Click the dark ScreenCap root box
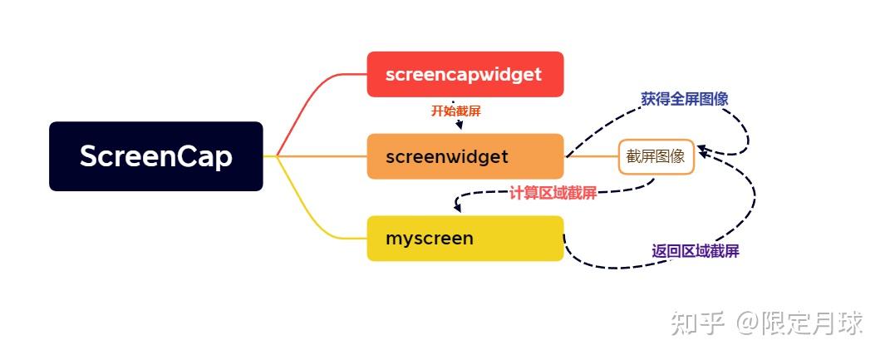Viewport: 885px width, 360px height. (155, 156)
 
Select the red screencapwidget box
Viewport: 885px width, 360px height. (465, 74)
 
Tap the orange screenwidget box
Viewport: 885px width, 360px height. (465, 156)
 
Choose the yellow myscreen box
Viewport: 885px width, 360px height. (465, 239)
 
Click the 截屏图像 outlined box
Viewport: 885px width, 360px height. (656, 156)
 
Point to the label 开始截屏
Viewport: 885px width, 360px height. (455, 110)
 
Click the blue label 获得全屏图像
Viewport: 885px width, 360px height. (684, 98)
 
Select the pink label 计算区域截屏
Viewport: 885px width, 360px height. (553, 194)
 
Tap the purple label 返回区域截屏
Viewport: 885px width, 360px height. (695, 251)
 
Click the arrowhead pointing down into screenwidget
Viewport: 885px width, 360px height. (458, 126)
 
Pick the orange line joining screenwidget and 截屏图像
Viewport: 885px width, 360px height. (591, 156)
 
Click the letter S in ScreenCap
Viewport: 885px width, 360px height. (89, 156)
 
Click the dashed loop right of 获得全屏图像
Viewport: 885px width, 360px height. (745, 133)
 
